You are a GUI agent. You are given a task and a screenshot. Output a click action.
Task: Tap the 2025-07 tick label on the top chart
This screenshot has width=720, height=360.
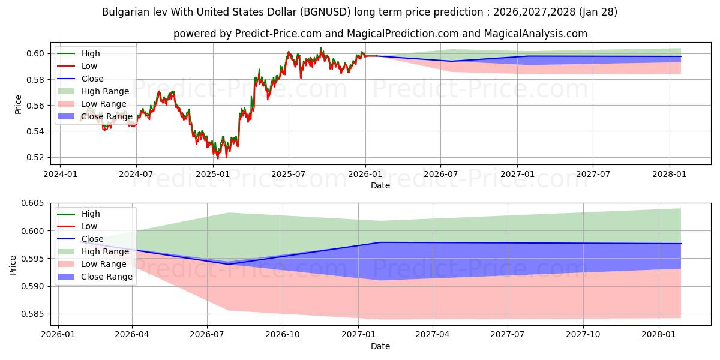[x=289, y=174]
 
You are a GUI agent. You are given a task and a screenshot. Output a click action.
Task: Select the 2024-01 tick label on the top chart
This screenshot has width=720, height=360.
[x=60, y=174]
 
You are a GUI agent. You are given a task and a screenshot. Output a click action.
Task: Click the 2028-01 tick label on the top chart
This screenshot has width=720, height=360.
[x=669, y=174]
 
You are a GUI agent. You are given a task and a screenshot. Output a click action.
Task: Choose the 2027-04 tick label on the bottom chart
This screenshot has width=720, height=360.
[x=433, y=335]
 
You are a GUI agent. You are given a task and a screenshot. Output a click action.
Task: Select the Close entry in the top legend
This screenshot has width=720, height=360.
[x=92, y=79]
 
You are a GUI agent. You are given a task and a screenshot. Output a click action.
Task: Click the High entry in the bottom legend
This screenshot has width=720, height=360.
[x=91, y=214]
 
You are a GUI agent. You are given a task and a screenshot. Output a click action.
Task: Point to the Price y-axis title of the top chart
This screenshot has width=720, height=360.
[x=18, y=104]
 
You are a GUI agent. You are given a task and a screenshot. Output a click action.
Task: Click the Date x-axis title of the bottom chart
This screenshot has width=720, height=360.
[x=380, y=346]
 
